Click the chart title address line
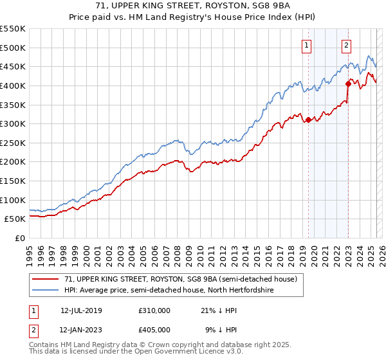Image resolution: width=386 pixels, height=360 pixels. (192, 6)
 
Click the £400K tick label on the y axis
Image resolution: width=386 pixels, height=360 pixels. (12, 85)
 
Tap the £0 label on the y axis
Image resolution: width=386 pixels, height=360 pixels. (19, 239)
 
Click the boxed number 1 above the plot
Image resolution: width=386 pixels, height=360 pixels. (306, 45)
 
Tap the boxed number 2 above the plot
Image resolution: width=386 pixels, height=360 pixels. (346, 45)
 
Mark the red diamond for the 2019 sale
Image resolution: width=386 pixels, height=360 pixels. (308, 120)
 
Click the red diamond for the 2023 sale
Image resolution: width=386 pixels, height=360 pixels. (348, 83)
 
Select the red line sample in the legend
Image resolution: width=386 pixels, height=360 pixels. (46, 279)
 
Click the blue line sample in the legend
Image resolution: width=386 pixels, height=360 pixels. (46, 290)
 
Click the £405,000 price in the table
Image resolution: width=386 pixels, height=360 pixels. (154, 329)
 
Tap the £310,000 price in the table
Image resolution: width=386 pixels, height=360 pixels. (154, 310)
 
